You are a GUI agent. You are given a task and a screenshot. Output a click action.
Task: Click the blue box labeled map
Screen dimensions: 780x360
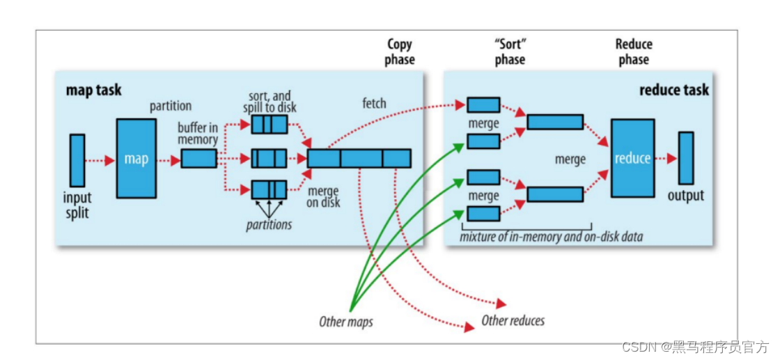pyautogui.click(x=136, y=158)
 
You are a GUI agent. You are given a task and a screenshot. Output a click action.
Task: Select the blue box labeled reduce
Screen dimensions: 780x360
pyautogui.click(x=632, y=158)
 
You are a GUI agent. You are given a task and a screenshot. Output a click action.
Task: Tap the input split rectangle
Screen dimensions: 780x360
pyautogui.click(x=77, y=159)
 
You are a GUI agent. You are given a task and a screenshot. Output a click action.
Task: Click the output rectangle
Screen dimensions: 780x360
pyautogui.click(x=686, y=158)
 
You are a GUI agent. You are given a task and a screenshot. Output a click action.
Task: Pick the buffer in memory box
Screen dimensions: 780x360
pyautogui.click(x=198, y=159)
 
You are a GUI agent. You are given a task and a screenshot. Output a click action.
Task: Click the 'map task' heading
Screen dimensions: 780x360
pyautogui.click(x=93, y=90)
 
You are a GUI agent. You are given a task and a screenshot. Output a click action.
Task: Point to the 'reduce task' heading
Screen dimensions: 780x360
pyautogui.click(x=674, y=90)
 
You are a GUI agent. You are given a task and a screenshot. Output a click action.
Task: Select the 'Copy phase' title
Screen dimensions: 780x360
pyautogui.click(x=400, y=52)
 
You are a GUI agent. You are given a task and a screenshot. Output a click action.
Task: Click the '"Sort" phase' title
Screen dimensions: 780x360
pyautogui.click(x=509, y=52)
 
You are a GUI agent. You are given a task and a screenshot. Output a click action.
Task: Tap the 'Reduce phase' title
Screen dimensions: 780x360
pyautogui.click(x=633, y=52)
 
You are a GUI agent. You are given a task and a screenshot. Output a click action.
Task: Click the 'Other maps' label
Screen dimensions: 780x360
pyautogui.click(x=345, y=322)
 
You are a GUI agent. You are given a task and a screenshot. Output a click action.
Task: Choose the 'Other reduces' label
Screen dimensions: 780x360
pyautogui.click(x=513, y=320)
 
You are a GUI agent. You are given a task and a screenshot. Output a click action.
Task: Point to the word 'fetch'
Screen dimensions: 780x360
pyautogui.click(x=374, y=104)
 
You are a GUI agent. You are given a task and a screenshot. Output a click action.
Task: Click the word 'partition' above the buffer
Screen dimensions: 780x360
pyautogui.click(x=171, y=107)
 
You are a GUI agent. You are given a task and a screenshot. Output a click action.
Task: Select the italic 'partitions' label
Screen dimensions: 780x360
pyautogui.click(x=269, y=225)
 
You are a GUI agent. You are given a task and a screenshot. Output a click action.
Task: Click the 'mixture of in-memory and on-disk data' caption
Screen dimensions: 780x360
pyautogui.click(x=552, y=236)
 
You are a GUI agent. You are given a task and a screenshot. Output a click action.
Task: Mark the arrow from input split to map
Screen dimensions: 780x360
pyautogui.click(x=100, y=160)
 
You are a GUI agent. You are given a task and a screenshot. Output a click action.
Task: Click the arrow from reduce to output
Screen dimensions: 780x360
pyautogui.click(x=666, y=159)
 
